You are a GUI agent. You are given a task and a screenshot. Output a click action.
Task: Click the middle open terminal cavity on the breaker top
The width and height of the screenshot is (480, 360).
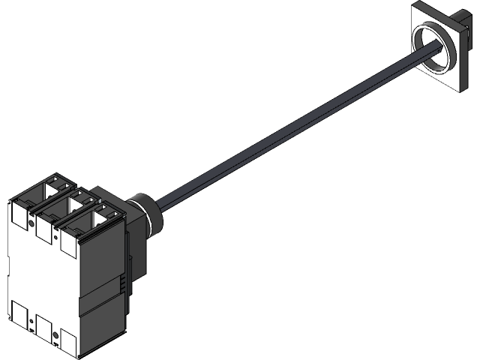[75, 201]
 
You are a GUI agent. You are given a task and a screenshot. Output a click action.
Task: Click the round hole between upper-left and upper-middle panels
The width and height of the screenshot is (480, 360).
[31, 223]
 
